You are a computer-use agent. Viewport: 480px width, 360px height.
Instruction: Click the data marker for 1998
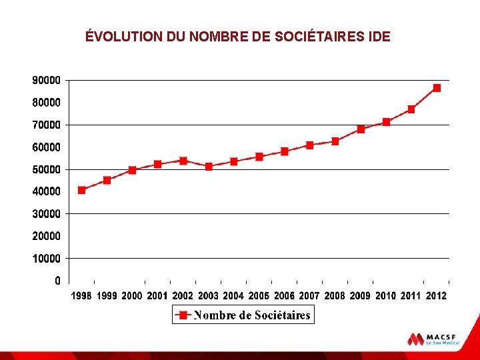click(x=82, y=190)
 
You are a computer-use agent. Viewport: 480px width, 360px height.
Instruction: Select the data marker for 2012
click(x=437, y=88)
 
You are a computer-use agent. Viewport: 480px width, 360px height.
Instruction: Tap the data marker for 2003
click(x=209, y=167)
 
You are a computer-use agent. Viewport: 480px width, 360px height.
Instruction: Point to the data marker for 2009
click(x=361, y=129)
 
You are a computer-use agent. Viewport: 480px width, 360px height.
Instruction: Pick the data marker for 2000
click(x=133, y=170)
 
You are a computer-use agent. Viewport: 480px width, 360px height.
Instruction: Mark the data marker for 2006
click(x=285, y=151)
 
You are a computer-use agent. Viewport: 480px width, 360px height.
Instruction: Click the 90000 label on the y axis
click(x=46, y=80)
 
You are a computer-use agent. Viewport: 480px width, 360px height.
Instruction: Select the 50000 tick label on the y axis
click(x=46, y=169)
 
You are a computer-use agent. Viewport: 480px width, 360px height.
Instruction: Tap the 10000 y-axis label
click(x=46, y=258)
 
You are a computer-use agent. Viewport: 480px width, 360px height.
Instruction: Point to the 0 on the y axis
click(x=58, y=281)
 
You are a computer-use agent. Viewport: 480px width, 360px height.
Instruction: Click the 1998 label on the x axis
click(x=82, y=295)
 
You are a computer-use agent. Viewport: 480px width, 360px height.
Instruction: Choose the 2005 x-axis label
click(x=259, y=295)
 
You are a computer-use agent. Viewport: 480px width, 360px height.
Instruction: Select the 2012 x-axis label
click(x=436, y=295)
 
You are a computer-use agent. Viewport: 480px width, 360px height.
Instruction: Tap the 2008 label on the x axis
click(x=335, y=295)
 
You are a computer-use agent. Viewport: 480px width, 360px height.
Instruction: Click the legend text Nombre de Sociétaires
click(x=252, y=315)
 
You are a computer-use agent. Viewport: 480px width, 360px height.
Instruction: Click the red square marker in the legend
click(x=183, y=315)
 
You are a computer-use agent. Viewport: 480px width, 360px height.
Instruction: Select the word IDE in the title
click(x=379, y=37)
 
